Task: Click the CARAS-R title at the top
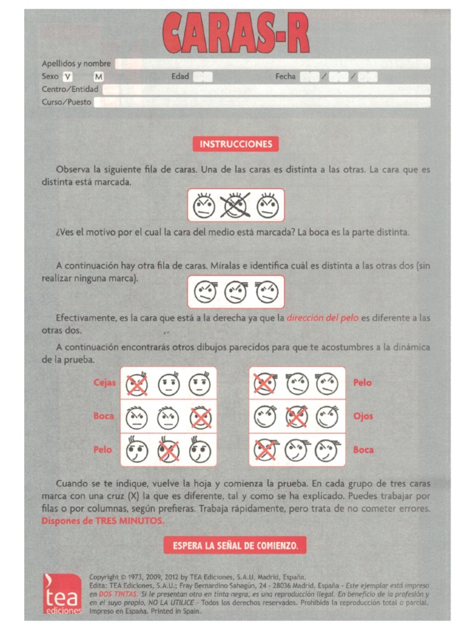pyautogui.click(x=236, y=34)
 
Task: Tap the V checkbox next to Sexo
pyautogui.click(x=68, y=77)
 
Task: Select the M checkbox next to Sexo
pyautogui.click(x=99, y=77)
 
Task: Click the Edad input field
pyautogui.click(x=203, y=77)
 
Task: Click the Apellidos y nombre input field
pyautogui.click(x=273, y=64)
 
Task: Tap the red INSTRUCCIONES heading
pyautogui.click(x=236, y=144)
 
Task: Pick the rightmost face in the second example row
pyautogui.click(x=267, y=291)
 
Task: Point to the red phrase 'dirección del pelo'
pyautogui.click(x=322, y=318)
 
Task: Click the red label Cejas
pyautogui.click(x=104, y=383)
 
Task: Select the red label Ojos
pyautogui.click(x=363, y=416)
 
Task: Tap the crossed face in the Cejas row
pyautogui.click(x=136, y=384)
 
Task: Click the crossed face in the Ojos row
pyautogui.click(x=297, y=417)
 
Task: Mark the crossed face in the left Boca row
pyautogui.click(x=200, y=417)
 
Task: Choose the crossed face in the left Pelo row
pyautogui.click(x=167, y=451)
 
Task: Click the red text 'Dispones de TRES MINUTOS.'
pyautogui.click(x=103, y=521)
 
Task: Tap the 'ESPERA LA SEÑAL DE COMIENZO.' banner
pyautogui.click(x=236, y=546)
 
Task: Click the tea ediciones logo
pyautogui.click(x=61, y=594)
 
